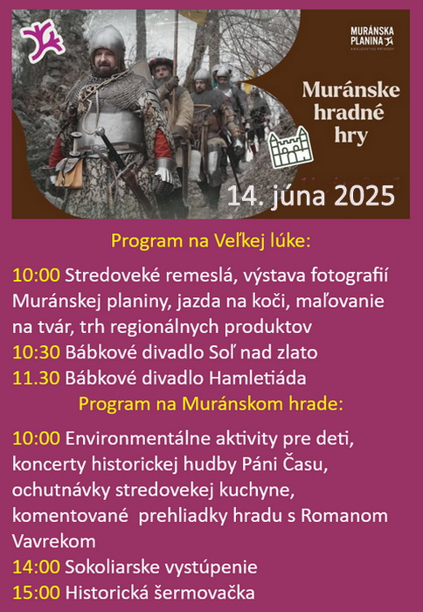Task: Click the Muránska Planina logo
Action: point(372,38)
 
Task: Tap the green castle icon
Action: point(292,147)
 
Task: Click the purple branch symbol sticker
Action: point(43,40)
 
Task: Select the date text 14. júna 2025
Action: point(310,196)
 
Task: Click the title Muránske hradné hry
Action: point(350,113)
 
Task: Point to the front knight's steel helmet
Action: point(107,43)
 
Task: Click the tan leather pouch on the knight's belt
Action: point(69,174)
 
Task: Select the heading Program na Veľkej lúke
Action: point(211,241)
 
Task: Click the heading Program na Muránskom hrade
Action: point(211,404)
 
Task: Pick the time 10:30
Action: point(37,353)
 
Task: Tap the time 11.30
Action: point(37,379)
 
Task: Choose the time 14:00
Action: point(37,567)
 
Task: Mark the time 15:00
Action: point(37,593)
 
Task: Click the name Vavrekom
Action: point(54,541)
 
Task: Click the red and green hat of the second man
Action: point(161,63)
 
